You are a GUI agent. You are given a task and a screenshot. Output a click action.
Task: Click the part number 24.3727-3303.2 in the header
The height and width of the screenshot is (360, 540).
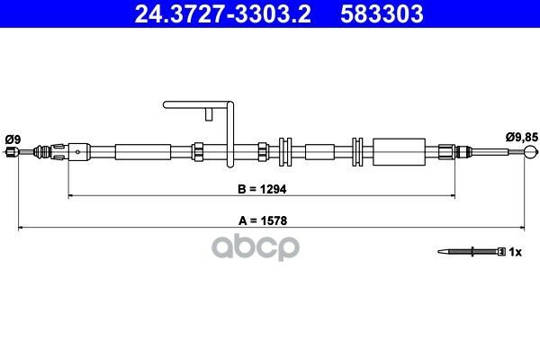[x=222, y=13]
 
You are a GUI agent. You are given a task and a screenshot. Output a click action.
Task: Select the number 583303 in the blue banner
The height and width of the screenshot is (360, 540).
[x=382, y=13]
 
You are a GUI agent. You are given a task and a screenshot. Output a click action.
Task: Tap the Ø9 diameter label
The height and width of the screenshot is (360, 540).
[x=13, y=139]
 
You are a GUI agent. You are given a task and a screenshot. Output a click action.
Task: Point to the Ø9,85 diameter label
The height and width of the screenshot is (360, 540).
[x=521, y=138]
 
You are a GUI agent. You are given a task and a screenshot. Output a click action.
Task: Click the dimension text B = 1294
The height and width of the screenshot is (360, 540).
[x=262, y=189]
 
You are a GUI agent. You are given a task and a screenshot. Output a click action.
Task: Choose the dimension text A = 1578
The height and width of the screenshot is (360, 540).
[x=263, y=220]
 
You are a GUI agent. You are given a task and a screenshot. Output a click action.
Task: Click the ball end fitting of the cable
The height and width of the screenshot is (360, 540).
[x=530, y=151]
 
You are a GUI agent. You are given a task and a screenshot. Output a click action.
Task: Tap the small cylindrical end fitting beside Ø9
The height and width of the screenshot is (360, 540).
[x=12, y=151]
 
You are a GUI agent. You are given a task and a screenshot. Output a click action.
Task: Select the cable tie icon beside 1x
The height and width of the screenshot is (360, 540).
[x=472, y=252]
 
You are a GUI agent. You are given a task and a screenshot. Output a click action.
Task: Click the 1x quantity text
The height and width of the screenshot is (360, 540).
[x=515, y=252]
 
